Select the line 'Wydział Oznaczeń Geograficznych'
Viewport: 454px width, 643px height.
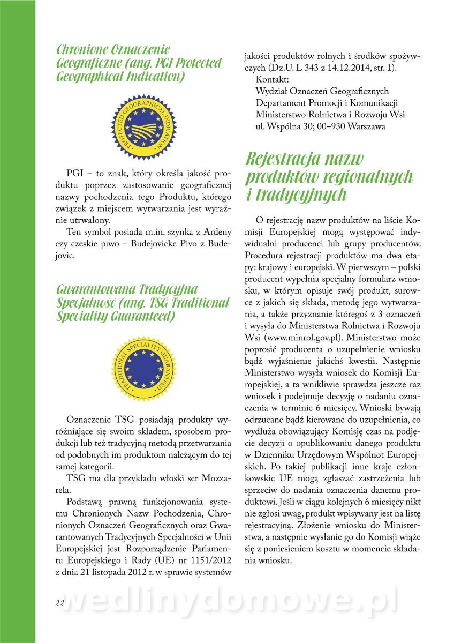coord(322,92)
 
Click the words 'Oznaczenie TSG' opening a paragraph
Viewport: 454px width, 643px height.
coord(100,418)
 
